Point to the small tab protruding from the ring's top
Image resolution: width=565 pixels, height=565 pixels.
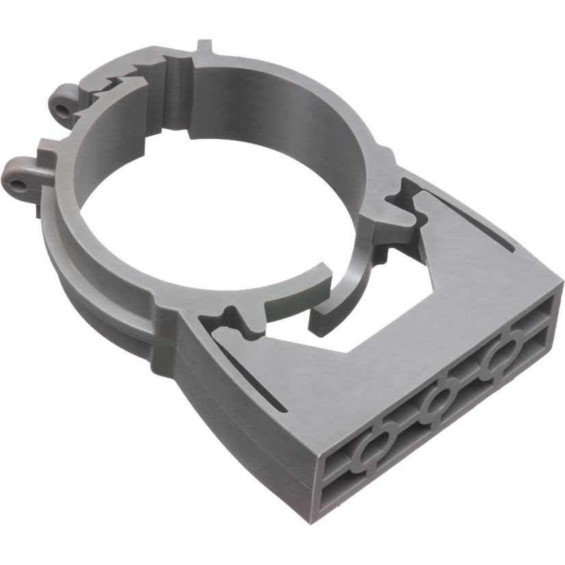pyautogui.click(x=204, y=49)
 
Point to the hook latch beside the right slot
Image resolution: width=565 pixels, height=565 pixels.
pyautogui.click(x=404, y=205)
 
